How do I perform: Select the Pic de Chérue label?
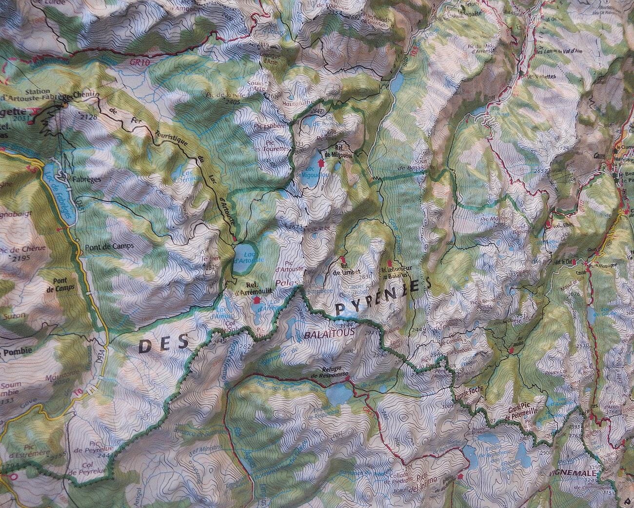click(30, 248)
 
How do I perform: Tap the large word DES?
click(164, 345)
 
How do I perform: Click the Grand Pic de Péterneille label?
click(522, 408)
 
